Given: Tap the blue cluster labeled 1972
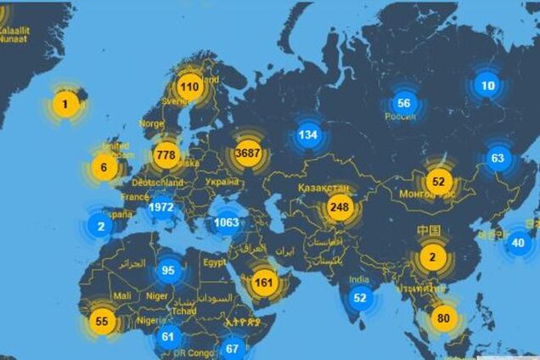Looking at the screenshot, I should coord(160,207).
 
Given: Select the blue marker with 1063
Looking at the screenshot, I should coord(227,223).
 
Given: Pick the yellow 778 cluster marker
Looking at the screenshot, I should coord(165,155).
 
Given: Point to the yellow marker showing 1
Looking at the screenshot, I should coord(69,104).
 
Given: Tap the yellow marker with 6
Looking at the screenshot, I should coord(104,167).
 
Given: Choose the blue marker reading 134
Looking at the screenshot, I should coord(307,134).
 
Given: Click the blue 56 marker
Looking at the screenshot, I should coord(403,103).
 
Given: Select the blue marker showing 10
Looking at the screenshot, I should coord(487,85).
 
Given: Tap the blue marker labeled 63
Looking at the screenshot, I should coord(498,157).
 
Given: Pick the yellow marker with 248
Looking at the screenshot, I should coord(340,206).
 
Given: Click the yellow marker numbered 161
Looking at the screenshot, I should coord(264,283).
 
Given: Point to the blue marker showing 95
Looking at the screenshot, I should coord(168,272).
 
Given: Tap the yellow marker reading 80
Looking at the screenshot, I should coord(442,318).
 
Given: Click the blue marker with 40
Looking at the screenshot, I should coord(518,243).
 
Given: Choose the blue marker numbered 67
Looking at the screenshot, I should coord(232,348).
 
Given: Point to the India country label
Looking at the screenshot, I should coord(360,279).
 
